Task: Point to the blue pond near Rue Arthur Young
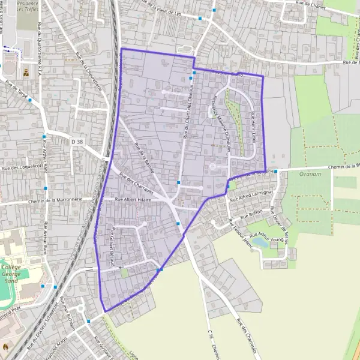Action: click(260, 242)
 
